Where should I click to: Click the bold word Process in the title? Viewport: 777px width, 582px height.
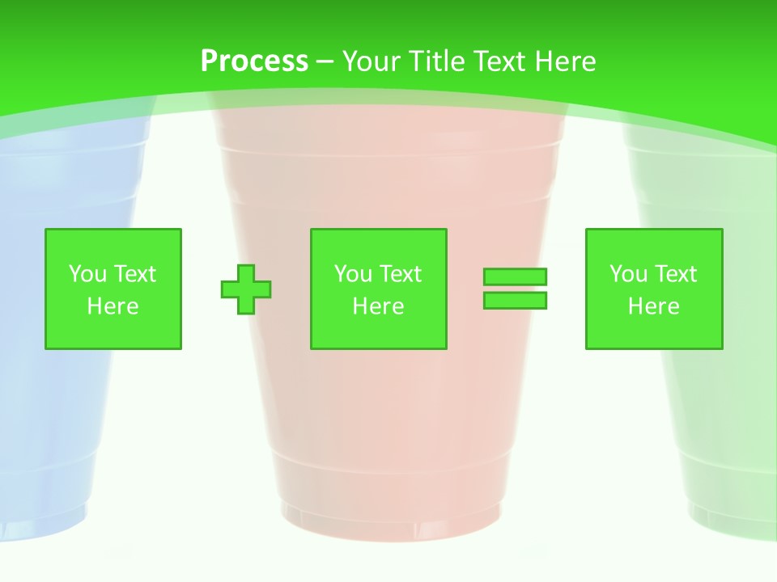click(254, 61)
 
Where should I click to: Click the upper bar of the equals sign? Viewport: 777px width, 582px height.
click(515, 276)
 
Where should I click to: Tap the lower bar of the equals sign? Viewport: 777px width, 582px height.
click(515, 301)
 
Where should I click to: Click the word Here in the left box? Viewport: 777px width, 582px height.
click(113, 306)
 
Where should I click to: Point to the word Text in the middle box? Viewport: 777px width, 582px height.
click(401, 274)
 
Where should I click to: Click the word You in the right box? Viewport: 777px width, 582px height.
click(628, 274)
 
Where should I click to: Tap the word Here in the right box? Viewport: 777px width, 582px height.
click(653, 306)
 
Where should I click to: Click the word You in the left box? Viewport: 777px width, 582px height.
click(87, 274)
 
